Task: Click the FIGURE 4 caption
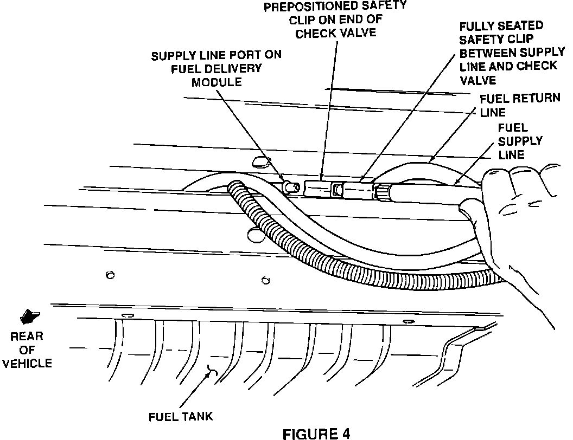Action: click(x=317, y=433)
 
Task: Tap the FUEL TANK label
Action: click(x=180, y=417)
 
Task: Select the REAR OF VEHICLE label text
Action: click(x=27, y=350)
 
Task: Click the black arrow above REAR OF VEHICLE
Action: click(x=30, y=315)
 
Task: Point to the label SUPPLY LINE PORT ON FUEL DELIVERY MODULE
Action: click(x=216, y=68)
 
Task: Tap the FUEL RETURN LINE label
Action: click(x=513, y=105)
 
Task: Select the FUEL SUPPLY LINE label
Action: click(x=519, y=141)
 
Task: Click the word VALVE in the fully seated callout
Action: click(x=477, y=80)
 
